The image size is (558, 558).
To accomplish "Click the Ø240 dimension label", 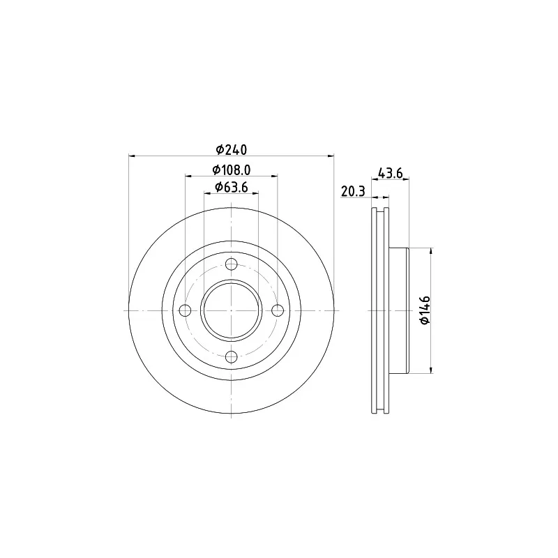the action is tap(232, 149).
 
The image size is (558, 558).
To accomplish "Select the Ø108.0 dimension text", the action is tap(232, 170).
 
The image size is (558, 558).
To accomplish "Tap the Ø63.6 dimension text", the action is tap(232, 187).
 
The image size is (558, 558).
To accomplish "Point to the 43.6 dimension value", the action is tap(390, 173).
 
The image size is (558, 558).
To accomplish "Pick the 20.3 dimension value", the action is tap(353, 191).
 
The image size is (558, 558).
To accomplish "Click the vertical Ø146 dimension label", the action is tap(425, 310).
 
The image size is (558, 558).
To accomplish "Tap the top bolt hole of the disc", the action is tap(232, 264).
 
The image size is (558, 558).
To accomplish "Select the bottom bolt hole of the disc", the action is tap(232, 356).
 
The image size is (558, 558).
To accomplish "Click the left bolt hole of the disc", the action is tap(186, 310).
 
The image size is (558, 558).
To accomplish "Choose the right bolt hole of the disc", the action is tap(278, 310).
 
